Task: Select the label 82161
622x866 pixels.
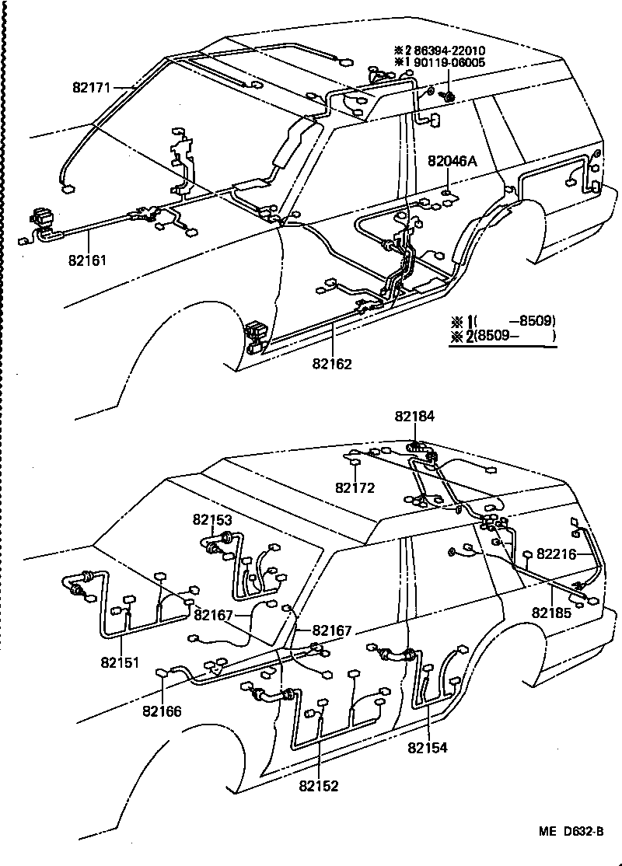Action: (87, 260)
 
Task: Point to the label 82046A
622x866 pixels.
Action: (451, 162)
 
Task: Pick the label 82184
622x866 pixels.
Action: (414, 417)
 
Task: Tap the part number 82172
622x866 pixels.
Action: (355, 488)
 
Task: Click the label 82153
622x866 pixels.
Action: (213, 519)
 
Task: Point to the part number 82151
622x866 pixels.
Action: (119, 662)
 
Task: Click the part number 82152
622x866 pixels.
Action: (318, 786)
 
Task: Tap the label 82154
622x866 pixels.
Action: (428, 749)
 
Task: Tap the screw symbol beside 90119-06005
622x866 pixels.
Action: (449, 96)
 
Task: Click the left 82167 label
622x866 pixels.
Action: (214, 615)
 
